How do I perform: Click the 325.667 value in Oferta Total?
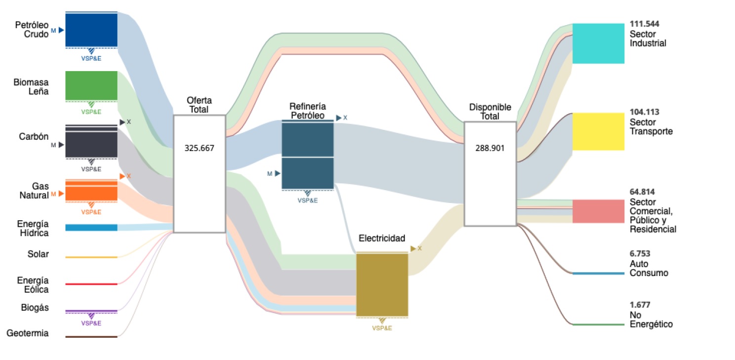199,148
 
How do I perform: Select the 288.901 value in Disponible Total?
490,148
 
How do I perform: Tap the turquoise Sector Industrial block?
598,43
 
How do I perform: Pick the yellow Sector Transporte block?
598,131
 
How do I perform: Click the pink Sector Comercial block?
598,211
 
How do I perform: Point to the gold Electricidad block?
382,284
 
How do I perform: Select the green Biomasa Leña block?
91,85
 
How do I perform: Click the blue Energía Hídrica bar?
91,228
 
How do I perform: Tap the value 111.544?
644,24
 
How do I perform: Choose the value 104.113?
644,112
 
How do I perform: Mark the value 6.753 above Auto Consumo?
640,254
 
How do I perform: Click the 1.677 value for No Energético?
640,305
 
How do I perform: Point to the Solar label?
38,254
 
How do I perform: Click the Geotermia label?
28,333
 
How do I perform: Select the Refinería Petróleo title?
307,111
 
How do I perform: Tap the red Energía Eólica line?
91,284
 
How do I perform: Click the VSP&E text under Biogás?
91,323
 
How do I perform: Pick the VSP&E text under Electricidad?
382,328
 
